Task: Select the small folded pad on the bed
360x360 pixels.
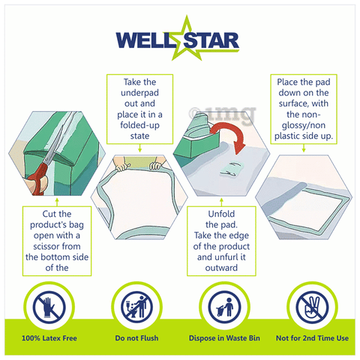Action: coord(231,169)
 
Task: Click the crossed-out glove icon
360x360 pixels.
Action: coord(49,307)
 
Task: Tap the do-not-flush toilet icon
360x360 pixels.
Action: coord(136,307)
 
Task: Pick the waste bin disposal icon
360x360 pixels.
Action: coord(224,307)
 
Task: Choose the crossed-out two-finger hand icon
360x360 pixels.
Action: coord(312,307)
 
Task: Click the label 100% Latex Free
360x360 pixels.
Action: coord(49,338)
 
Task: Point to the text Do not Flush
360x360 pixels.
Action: coord(136,338)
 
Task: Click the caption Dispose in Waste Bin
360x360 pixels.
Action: coord(224,338)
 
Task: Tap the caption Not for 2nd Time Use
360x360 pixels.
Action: coord(312,338)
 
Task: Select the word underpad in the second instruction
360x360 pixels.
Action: coord(139,93)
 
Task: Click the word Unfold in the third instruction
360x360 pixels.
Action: coord(221,214)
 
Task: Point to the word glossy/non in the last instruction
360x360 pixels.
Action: coord(304,125)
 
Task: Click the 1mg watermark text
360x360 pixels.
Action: coord(223,114)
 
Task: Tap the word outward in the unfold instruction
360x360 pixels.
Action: coord(221,268)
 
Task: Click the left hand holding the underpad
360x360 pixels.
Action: coord(121,165)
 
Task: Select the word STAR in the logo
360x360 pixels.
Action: coord(212,40)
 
